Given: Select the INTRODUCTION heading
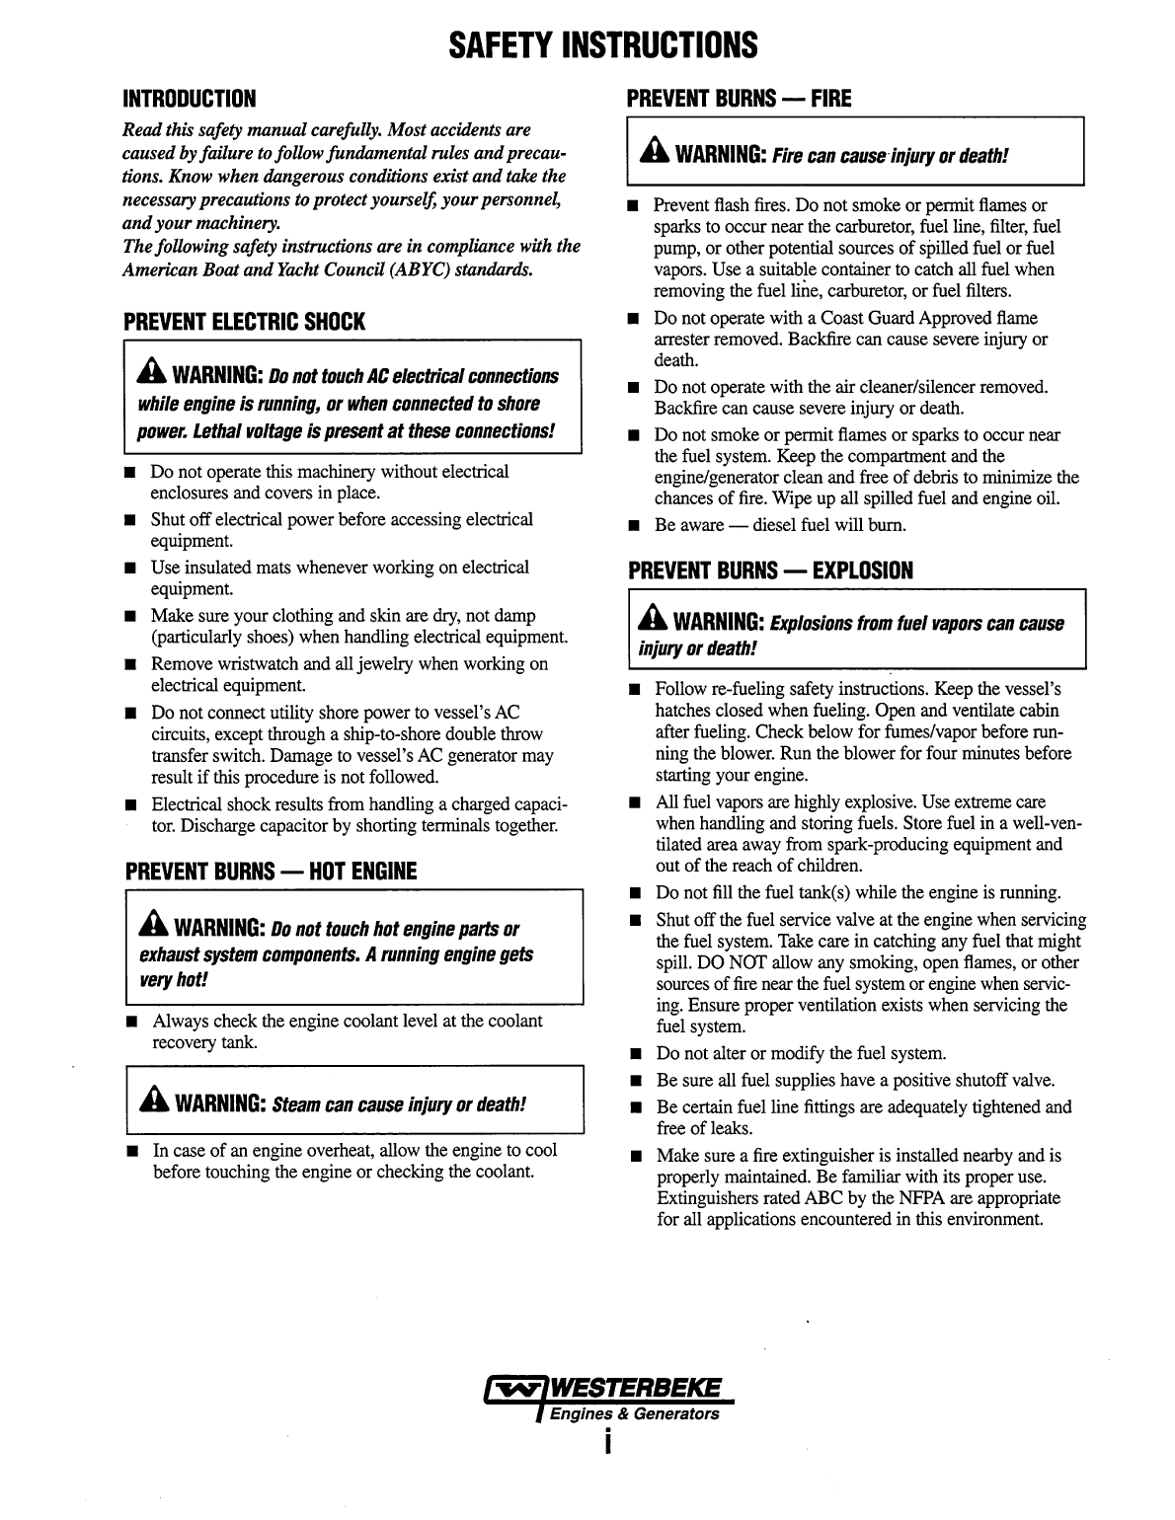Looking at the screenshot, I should [x=189, y=99].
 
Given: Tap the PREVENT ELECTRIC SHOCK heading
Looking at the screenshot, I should [x=243, y=322].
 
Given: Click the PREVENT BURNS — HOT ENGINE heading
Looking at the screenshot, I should [x=271, y=872].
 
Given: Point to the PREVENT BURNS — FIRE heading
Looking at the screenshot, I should [x=739, y=99].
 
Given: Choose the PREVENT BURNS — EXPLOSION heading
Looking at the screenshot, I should [x=770, y=570].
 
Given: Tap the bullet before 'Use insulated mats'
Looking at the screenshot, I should [x=129, y=569].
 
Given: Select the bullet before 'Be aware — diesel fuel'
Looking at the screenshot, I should [x=633, y=526].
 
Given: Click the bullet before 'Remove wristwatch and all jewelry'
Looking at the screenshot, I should [x=129, y=665].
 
